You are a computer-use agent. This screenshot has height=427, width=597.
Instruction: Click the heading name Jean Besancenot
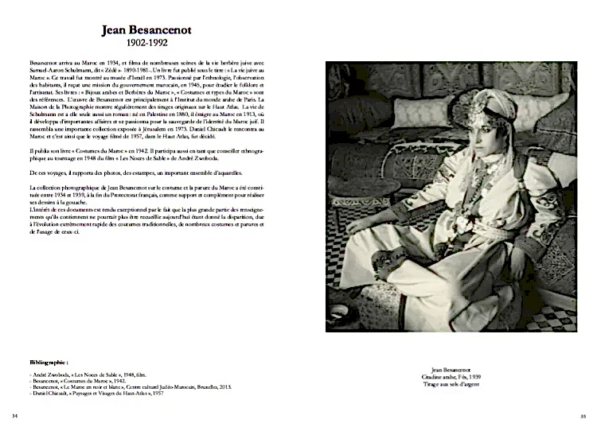[x=152, y=31]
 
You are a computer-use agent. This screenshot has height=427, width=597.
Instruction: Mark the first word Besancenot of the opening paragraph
[x=45, y=61]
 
